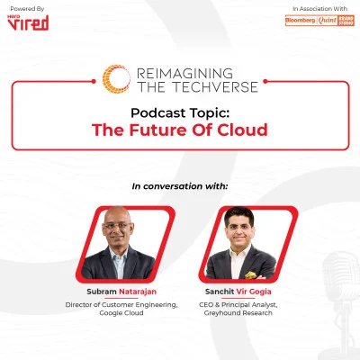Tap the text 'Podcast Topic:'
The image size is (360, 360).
(179, 113)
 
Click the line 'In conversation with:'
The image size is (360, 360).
(180, 186)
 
